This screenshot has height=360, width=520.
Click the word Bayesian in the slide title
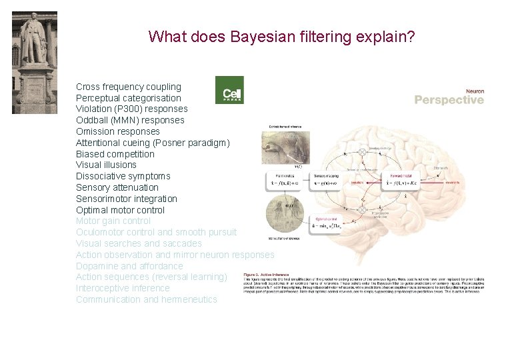click(263, 36)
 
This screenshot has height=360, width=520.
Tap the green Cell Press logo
click(229, 90)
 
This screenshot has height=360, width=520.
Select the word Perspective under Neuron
click(449, 100)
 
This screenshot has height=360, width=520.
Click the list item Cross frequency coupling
click(128, 87)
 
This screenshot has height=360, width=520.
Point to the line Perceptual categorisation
click(128, 98)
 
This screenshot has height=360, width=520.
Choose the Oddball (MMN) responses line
click(130, 120)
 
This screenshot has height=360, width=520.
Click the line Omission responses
click(117, 131)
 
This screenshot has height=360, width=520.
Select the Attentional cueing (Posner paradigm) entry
click(153, 143)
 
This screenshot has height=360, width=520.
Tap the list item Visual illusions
click(106, 165)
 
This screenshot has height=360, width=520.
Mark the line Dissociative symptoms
click(123, 176)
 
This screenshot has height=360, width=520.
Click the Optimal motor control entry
click(120, 210)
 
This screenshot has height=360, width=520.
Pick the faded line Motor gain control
click(113, 221)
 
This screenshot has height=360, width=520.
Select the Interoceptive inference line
click(123, 288)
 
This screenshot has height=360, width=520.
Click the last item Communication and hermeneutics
click(146, 299)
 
